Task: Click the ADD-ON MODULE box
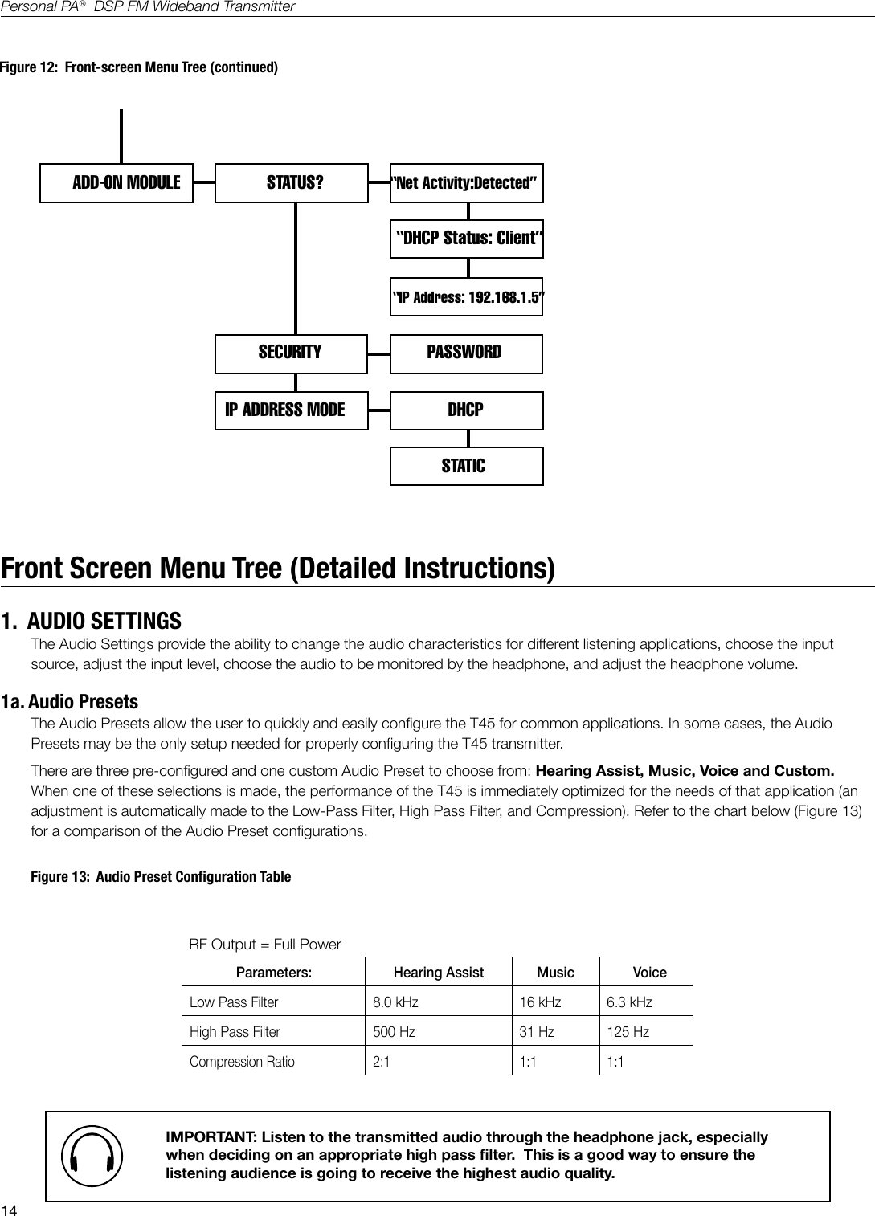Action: [117, 182]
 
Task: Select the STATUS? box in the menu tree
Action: [292, 182]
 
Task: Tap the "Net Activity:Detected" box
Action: [466, 182]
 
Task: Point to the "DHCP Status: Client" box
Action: [467, 239]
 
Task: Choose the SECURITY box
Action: [291, 353]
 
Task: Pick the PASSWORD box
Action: [466, 353]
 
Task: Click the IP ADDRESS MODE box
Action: [291, 410]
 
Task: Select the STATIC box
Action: [466, 467]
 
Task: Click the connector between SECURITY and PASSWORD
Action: [378, 353]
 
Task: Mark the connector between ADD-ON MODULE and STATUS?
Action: [204, 182]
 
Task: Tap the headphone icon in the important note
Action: [92, 1157]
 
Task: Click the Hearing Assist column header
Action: [438, 973]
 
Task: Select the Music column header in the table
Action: [555, 973]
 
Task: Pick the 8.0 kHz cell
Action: [395, 1002]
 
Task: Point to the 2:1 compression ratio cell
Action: [382, 1062]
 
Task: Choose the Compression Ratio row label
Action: [242, 1062]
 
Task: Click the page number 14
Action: [10, 1210]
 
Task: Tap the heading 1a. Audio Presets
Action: [70, 702]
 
